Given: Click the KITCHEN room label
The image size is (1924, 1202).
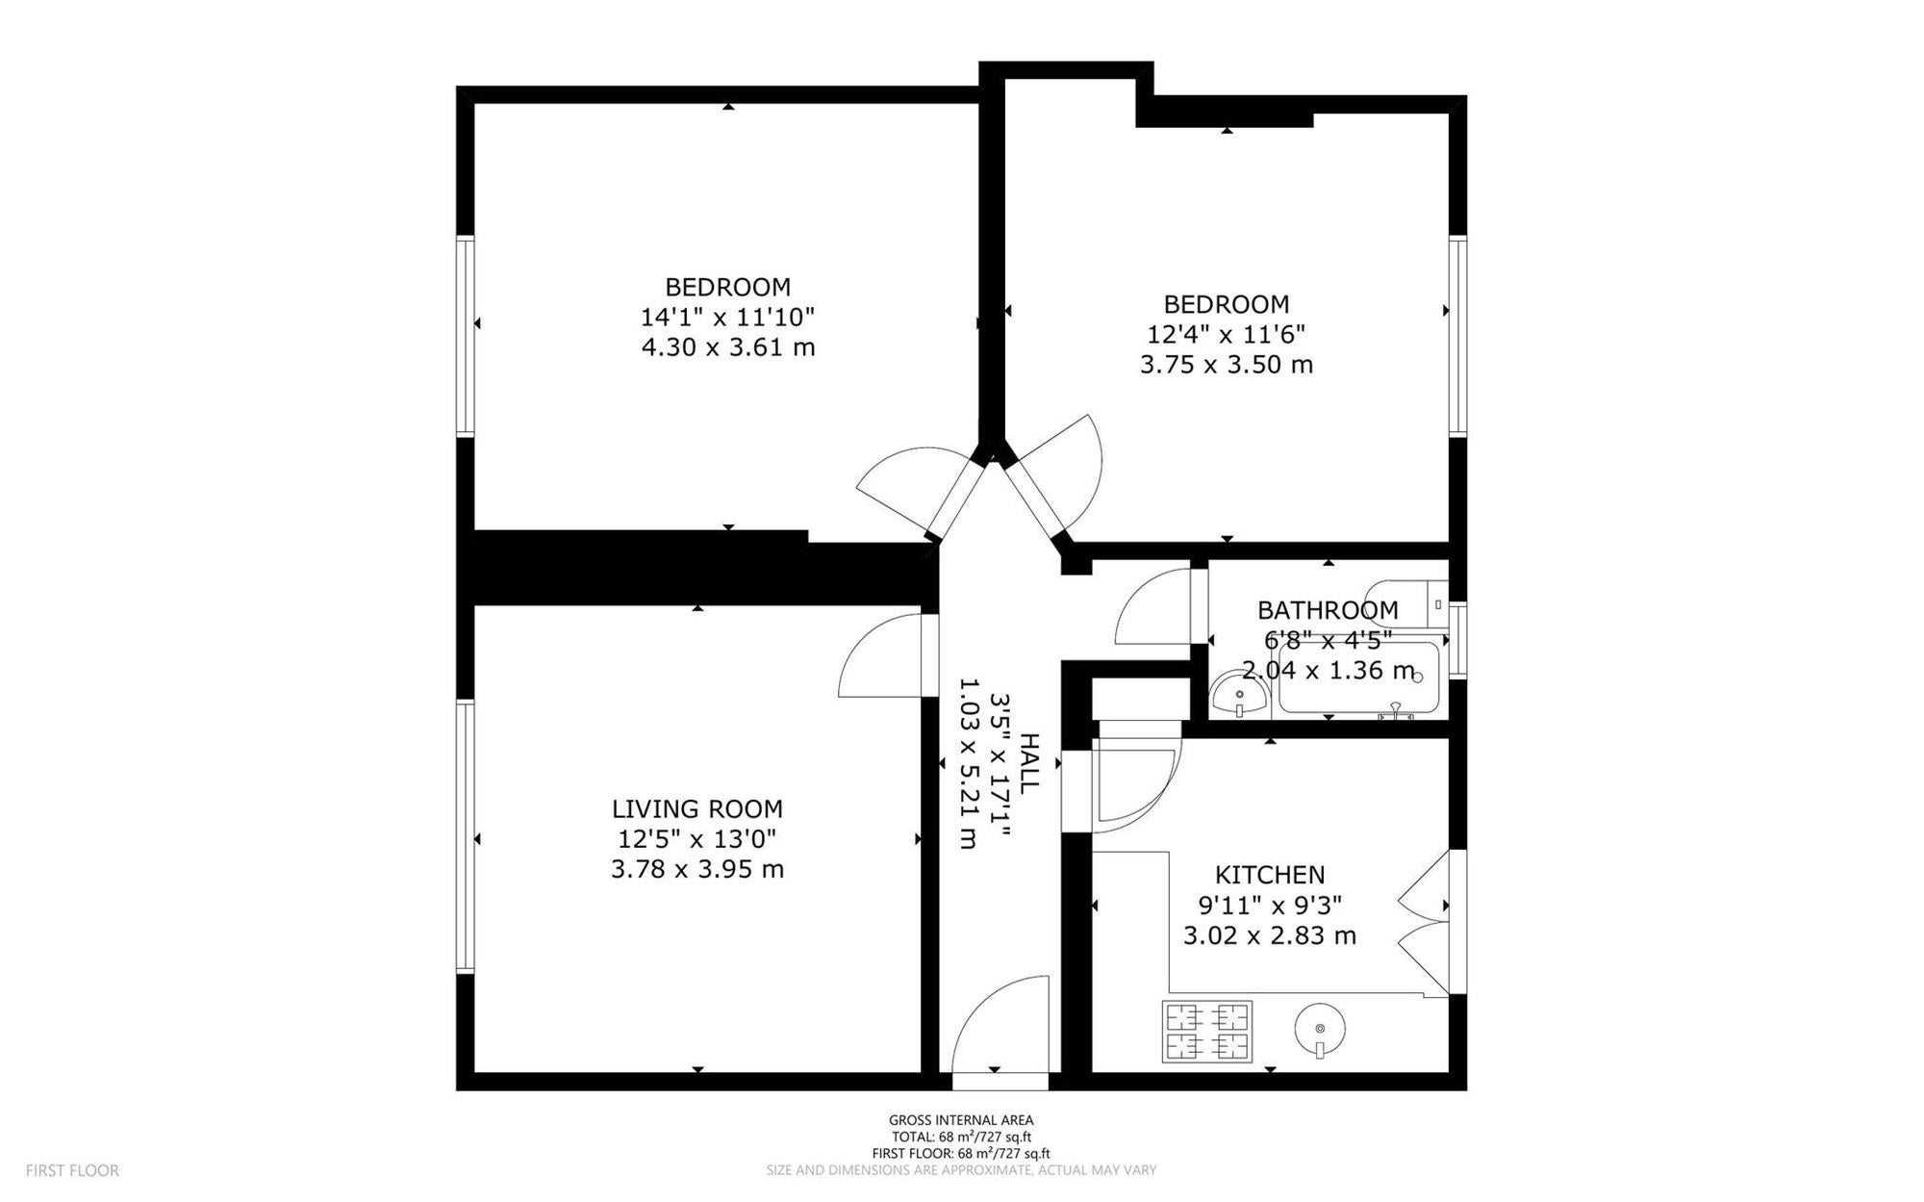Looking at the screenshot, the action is (x=1270, y=875).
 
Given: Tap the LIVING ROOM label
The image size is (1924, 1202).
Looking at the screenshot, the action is (x=697, y=809).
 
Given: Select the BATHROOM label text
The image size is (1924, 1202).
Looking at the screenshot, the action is (x=1328, y=610).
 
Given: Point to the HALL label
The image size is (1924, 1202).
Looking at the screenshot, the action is (x=1028, y=763).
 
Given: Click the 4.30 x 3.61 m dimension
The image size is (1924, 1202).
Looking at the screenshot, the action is (x=728, y=346).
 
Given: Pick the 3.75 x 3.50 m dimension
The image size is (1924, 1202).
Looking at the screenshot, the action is (x=1227, y=365).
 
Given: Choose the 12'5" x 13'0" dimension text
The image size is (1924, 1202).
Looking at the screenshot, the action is (x=697, y=839).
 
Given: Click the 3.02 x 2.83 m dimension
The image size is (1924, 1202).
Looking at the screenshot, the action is (x=1270, y=935).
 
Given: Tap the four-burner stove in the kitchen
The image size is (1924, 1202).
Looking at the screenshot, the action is (x=1207, y=1031).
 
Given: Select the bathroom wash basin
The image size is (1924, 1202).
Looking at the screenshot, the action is (x=1239, y=694).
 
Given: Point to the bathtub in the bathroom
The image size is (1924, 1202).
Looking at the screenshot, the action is (x=1359, y=678).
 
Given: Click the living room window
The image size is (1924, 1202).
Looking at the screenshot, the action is (x=466, y=836).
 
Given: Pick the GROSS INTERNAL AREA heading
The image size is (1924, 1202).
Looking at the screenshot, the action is (x=961, y=1120).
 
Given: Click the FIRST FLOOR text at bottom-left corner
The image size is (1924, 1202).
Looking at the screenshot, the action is (x=72, y=1171).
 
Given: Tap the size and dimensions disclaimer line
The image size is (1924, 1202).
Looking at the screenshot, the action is (x=961, y=1170).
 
